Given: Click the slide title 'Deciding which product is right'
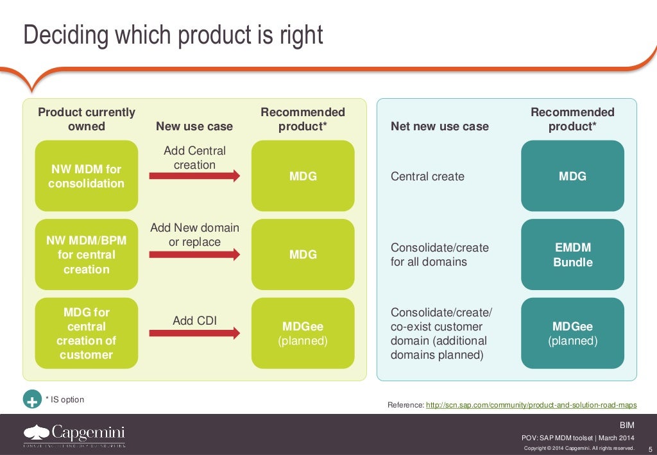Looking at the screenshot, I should point(173,35).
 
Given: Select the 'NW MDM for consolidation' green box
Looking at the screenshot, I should point(86,176).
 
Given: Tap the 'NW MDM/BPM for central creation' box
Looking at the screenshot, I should point(86,255).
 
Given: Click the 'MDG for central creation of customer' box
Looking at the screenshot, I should point(86,333).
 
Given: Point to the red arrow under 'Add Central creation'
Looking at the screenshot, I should point(194,176).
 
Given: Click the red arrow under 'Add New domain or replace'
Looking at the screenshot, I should point(194,255).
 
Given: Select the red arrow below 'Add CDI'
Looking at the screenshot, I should point(194,333).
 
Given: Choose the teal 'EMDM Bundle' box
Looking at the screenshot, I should point(572,255).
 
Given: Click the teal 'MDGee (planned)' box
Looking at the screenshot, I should point(572,333).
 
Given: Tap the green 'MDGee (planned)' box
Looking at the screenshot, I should point(303,333).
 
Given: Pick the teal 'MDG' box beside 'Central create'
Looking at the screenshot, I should point(572,176).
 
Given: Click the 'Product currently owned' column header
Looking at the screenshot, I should point(87,119).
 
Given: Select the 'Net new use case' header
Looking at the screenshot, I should point(439,126).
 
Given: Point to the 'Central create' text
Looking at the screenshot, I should point(427,176).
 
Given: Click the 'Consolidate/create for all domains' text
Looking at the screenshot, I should point(439,255).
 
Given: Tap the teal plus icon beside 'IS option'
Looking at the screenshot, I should point(31,400).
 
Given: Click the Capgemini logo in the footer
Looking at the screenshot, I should point(74,434).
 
